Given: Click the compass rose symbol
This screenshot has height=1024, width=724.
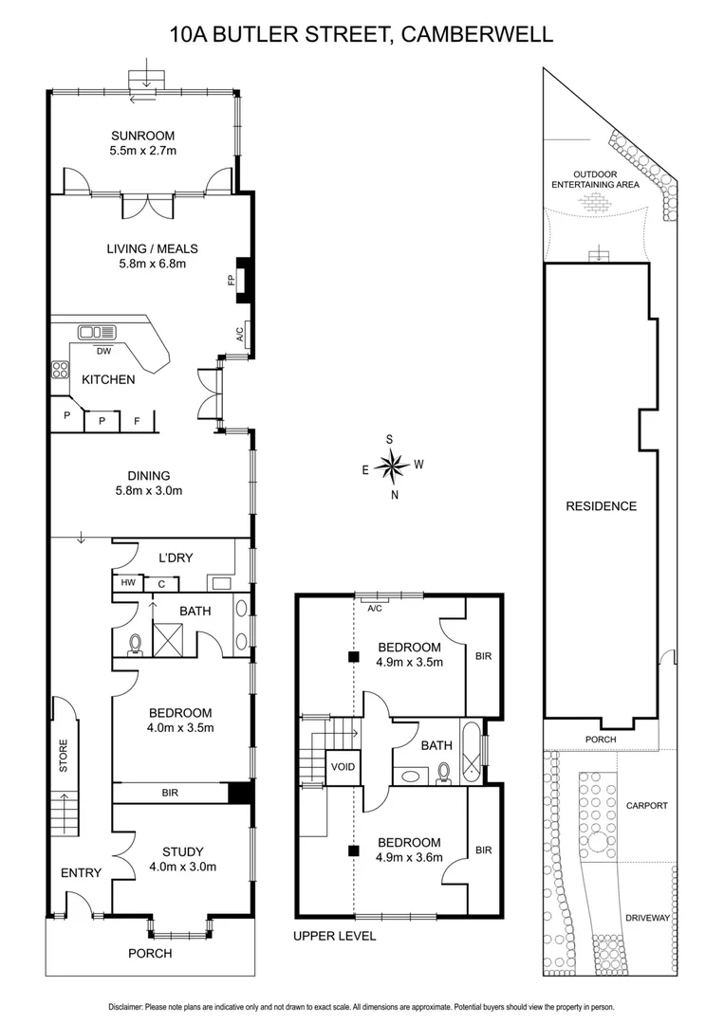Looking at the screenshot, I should (391, 466).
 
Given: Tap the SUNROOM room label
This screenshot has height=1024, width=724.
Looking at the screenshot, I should (141, 136).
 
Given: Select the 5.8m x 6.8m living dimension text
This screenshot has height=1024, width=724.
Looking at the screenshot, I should (145, 264).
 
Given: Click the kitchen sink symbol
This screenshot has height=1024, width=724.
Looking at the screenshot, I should (97, 332).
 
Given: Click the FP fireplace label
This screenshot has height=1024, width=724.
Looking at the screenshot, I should (230, 281).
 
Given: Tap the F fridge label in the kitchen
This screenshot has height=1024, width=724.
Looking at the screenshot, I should (137, 420).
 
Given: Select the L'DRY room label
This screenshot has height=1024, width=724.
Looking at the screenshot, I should (175, 558).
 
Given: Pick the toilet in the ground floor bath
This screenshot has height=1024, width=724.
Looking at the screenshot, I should (135, 645).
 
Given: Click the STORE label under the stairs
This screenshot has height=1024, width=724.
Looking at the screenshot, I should (64, 756).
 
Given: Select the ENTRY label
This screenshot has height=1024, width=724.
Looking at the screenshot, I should (81, 873).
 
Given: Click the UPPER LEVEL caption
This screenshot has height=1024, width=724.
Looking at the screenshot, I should (334, 936).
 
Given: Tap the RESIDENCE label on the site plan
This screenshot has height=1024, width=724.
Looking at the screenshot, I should (601, 506).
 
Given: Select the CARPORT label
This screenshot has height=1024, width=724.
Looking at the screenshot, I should (647, 805).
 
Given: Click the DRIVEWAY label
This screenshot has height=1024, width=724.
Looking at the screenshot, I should (647, 918).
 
